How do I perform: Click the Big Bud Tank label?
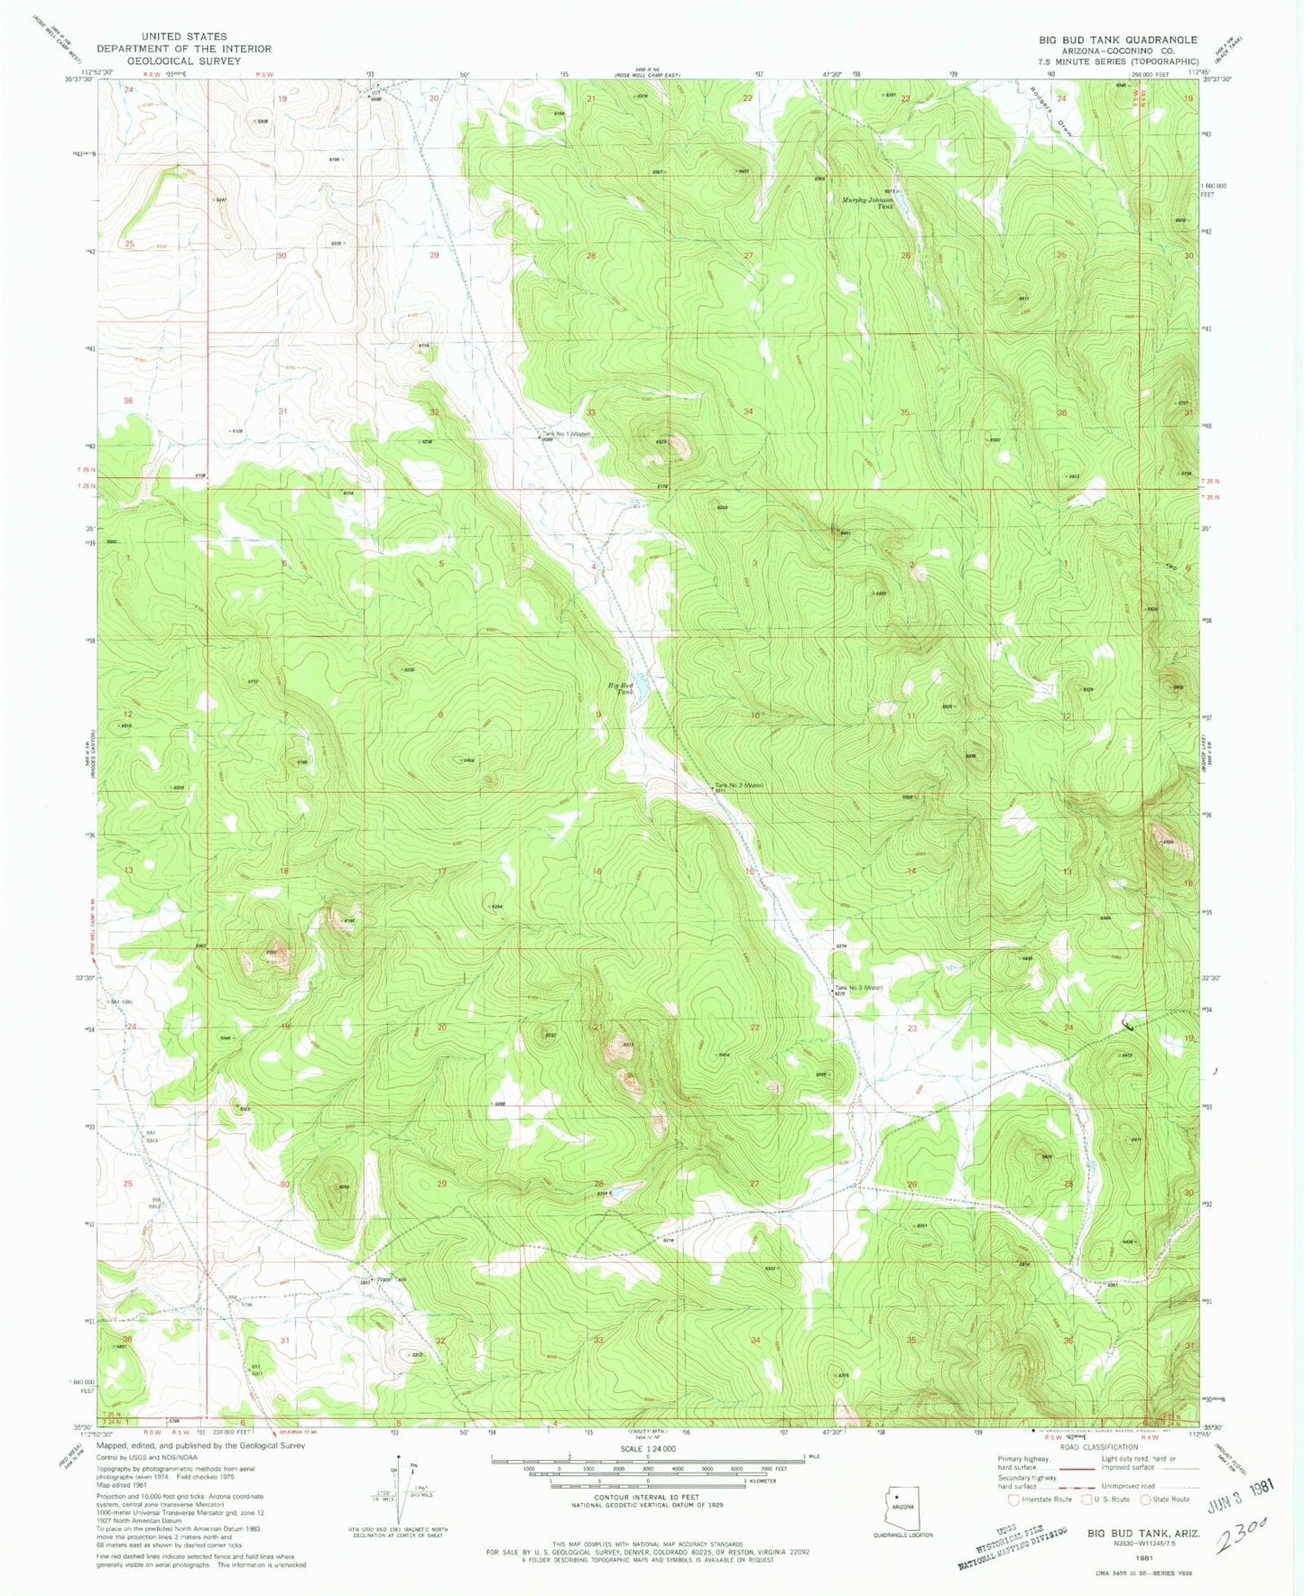tap(620, 688)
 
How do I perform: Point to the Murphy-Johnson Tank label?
tap(866, 203)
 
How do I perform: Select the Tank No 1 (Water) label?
tap(566, 433)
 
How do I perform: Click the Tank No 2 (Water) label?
tap(740, 785)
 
